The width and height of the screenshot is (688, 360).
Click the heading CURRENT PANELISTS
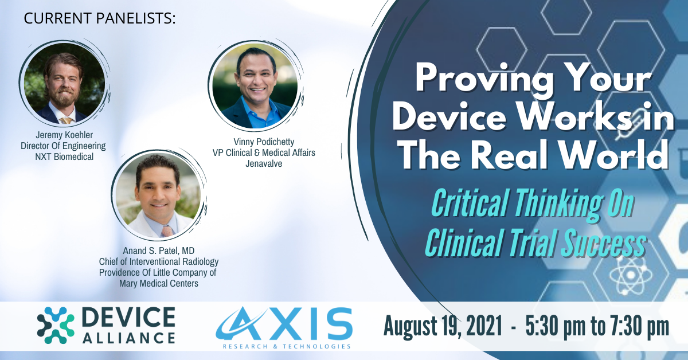(100, 18)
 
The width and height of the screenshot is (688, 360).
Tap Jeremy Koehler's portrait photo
(64, 84)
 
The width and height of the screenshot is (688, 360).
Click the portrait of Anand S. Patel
(158, 195)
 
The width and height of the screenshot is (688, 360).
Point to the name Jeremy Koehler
(64, 135)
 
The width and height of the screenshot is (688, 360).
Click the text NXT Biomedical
(64, 156)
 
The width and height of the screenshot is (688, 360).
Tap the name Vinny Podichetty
(264, 142)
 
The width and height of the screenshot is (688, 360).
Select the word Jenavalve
(264, 164)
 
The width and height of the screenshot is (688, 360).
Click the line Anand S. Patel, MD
(158, 251)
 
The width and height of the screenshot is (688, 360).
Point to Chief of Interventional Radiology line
(158, 262)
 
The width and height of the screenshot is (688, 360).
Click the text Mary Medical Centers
(158, 283)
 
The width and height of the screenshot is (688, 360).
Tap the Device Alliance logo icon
(56, 325)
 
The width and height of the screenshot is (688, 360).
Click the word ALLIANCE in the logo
(129, 338)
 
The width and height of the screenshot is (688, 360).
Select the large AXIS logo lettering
(284, 323)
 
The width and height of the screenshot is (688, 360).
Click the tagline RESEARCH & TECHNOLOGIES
(287, 346)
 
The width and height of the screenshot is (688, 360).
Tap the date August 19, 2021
(443, 326)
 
